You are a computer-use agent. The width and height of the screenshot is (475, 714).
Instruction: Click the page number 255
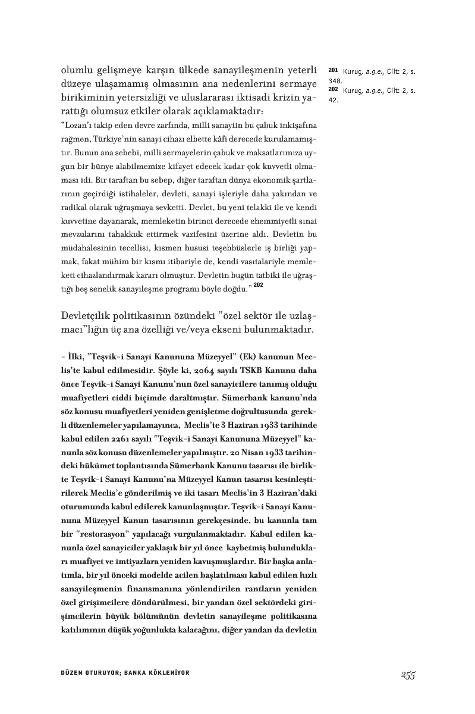tap(407, 674)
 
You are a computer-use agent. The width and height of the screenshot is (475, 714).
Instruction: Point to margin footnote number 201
tap(333, 71)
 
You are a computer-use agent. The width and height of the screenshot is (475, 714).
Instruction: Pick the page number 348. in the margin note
tap(335, 80)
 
